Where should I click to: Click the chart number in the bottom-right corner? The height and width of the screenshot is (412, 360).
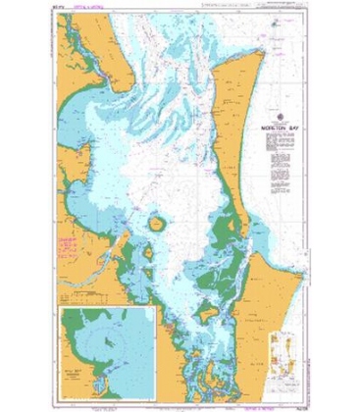[293, 401]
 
